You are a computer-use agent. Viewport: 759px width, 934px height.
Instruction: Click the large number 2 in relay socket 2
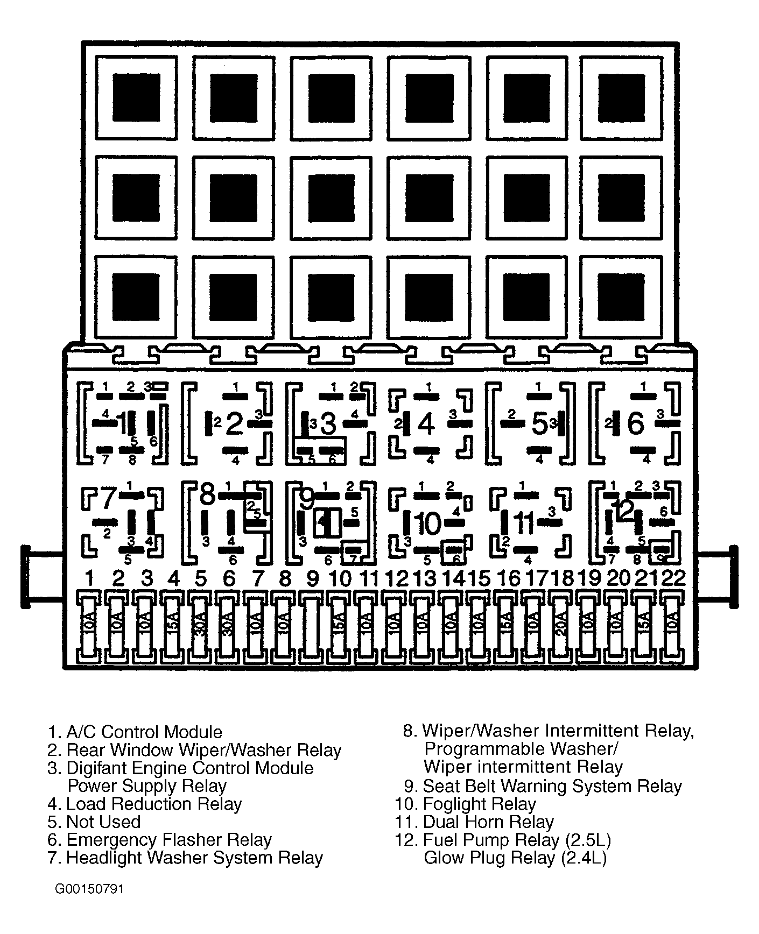coord(234,423)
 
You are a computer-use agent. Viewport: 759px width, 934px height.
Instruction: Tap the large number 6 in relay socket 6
coord(636,423)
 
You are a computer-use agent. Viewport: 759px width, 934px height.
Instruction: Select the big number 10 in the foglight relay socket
coord(429,523)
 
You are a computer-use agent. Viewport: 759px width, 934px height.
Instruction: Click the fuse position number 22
coord(673,578)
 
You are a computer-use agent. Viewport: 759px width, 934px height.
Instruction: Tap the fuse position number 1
coord(90,579)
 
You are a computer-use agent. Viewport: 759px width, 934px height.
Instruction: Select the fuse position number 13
coord(425,579)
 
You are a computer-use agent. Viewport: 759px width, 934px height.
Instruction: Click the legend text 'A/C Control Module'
coord(144,732)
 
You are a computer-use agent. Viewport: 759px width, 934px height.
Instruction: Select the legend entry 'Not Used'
coord(103,822)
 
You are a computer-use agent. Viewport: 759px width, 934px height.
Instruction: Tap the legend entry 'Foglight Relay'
coord(479,804)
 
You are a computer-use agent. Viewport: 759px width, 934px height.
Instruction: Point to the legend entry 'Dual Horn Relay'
coord(488,822)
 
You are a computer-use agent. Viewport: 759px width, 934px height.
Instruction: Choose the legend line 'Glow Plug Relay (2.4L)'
coord(515,858)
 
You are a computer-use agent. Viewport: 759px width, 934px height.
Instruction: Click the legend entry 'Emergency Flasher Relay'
coord(168,840)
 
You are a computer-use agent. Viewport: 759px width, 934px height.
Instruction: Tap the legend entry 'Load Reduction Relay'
coord(153,804)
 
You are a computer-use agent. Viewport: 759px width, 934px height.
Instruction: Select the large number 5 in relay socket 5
coord(539,423)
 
